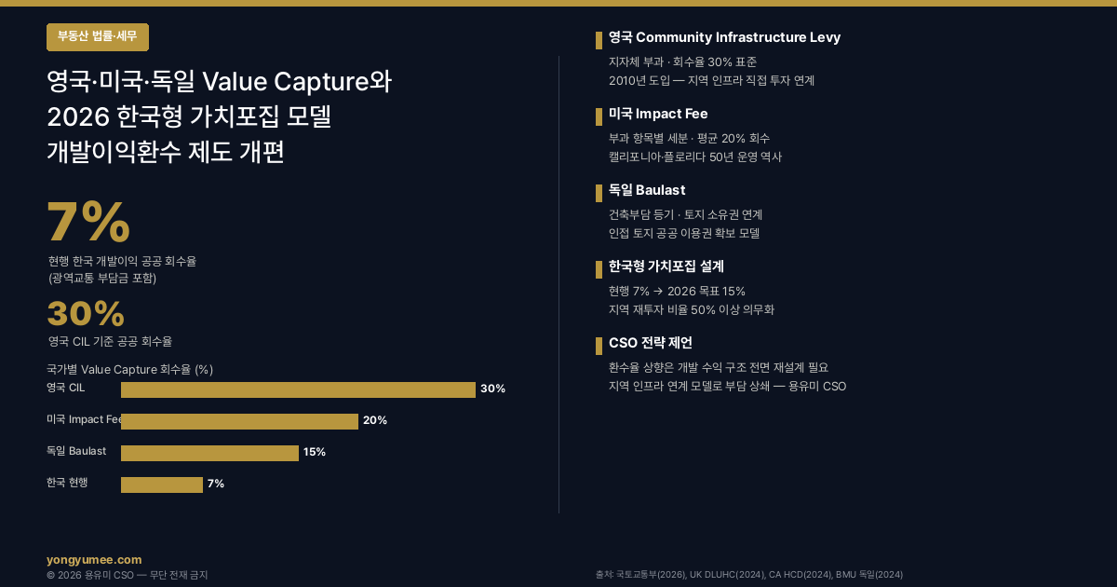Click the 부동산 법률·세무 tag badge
coord(97,37)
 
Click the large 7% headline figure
coord(88,224)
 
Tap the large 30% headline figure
coord(86,315)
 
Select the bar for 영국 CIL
coord(298,389)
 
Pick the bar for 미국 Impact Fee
coord(239,421)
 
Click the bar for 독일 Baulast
coord(209,453)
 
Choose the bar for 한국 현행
coord(161,485)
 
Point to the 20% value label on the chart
coord(375,420)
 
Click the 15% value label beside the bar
coord(315,452)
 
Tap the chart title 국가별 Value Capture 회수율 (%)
coord(129,369)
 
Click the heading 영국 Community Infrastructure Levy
coord(724,38)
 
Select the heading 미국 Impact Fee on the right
coord(658,115)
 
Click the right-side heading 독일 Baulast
coord(647,191)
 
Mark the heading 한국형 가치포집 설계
coord(666,266)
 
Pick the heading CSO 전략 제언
coord(651,343)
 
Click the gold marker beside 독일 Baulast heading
coord(599,193)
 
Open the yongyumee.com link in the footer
coord(94,560)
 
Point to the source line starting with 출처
coord(748,575)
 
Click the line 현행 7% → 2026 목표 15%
coord(677,291)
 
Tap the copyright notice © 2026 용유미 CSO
coord(127,575)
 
